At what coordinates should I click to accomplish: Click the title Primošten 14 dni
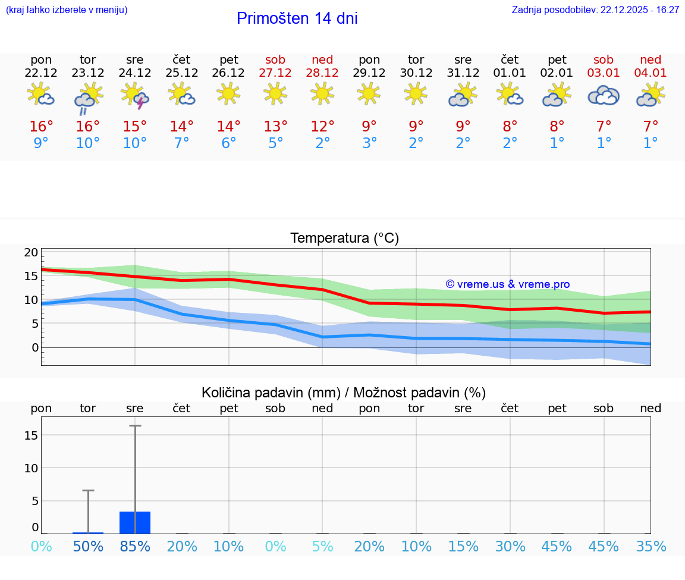[297, 18]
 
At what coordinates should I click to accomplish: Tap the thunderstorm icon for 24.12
[135, 95]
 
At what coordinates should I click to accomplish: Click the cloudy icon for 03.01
[604, 95]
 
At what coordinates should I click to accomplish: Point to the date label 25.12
[182, 73]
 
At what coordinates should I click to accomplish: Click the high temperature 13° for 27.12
[275, 127]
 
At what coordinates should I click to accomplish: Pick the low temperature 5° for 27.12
[275, 143]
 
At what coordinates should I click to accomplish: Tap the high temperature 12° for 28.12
[322, 127]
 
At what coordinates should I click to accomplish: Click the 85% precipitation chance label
[135, 547]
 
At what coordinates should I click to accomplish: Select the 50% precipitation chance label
[88, 547]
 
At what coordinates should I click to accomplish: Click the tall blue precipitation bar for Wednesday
[135, 522]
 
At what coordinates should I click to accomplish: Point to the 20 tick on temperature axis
[31, 252]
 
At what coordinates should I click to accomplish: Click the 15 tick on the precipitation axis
[31, 435]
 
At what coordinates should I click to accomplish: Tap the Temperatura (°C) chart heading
[344, 239]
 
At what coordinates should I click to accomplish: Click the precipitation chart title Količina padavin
[344, 393]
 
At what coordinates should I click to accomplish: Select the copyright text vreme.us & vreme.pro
[508, 284]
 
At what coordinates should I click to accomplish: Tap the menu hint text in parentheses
[67, 10]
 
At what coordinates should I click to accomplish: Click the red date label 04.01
[651, 73]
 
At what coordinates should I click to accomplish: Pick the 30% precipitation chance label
[510, 547]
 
